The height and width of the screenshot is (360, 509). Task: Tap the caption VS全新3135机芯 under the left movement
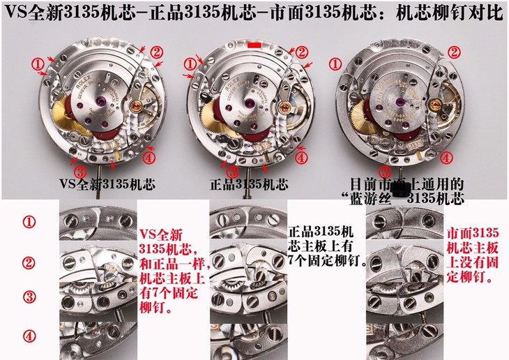click(108, 185)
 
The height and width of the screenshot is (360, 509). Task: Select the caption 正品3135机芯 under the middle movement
click(249, 185)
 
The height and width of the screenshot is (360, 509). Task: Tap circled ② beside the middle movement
click(301, 51)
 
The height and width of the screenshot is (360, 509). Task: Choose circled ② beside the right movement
click(453, 51)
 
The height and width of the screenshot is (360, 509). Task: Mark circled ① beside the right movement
click(335, 63)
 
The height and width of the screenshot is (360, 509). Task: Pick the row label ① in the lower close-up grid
click(29, 223)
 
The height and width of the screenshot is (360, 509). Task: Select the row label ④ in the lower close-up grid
click(29, 336)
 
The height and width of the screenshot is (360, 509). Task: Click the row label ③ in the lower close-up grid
click(29, 295)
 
